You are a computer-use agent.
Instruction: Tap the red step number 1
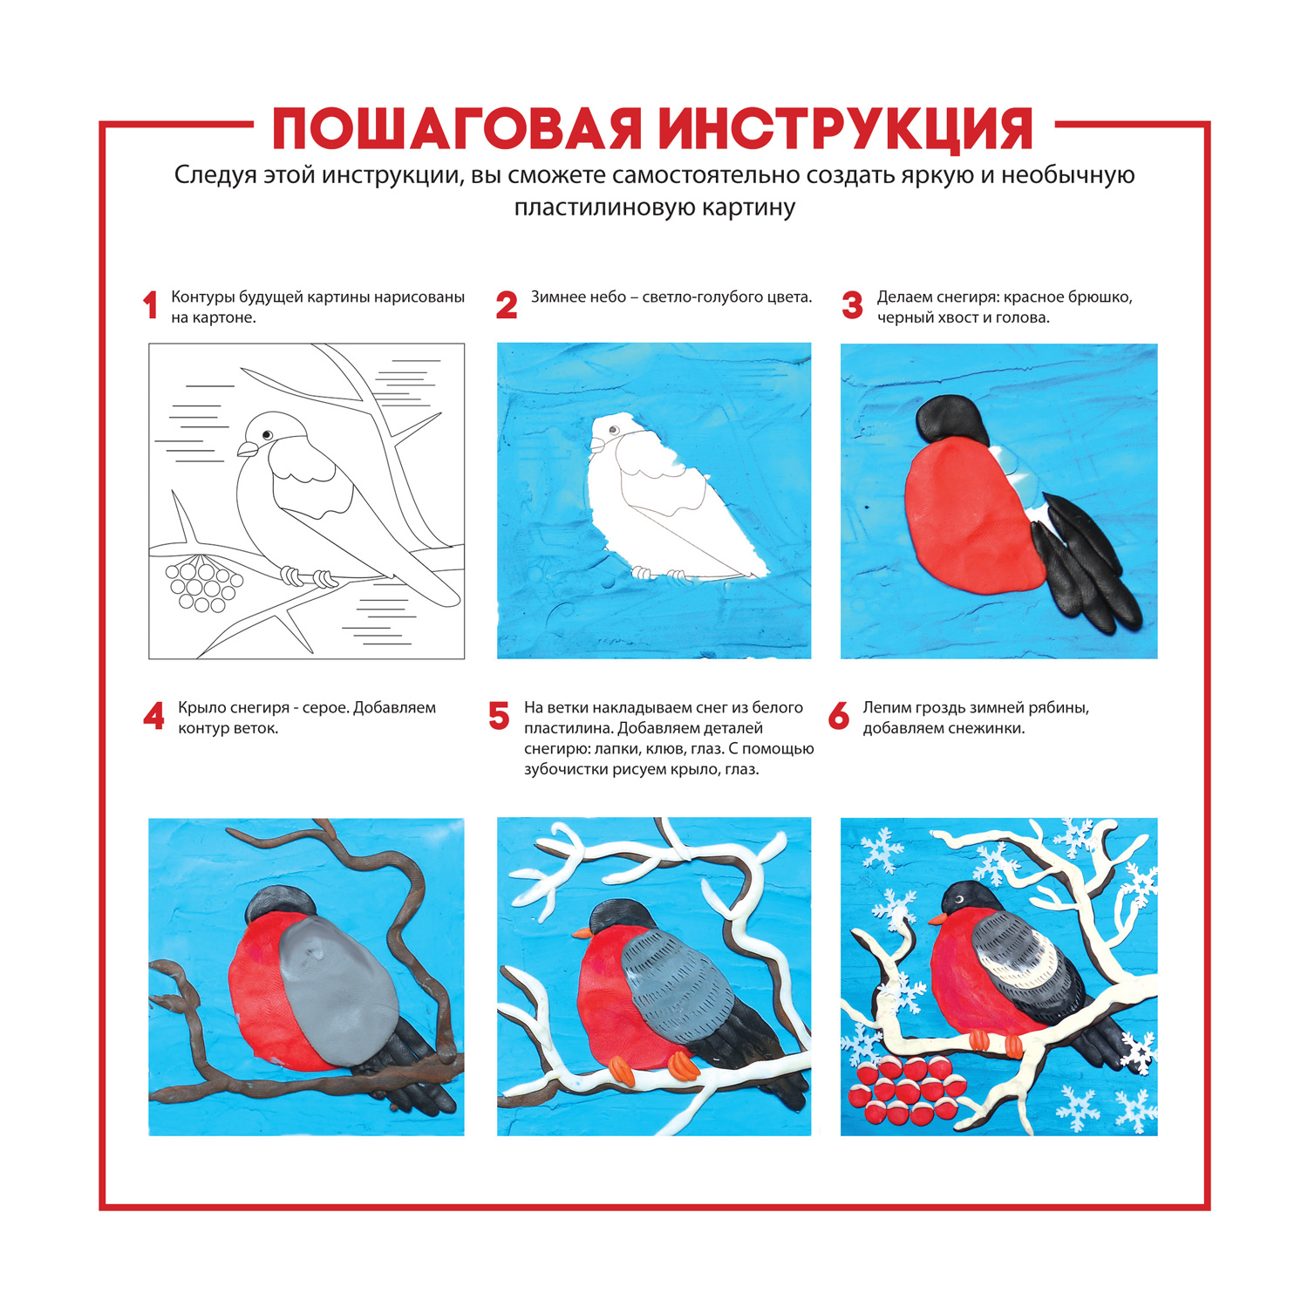[150, 306]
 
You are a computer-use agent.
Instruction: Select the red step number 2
[506, 306]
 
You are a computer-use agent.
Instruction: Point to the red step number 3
[852, 306]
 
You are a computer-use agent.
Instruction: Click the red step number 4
[153, 717]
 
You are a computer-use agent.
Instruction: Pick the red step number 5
[499, 717]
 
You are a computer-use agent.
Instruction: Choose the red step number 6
[838, 717]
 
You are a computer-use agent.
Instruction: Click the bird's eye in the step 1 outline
[267, 434]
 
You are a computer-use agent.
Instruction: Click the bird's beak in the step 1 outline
[248, 449]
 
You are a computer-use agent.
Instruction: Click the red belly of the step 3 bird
[972, 514]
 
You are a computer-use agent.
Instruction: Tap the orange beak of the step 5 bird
[582, 932]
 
